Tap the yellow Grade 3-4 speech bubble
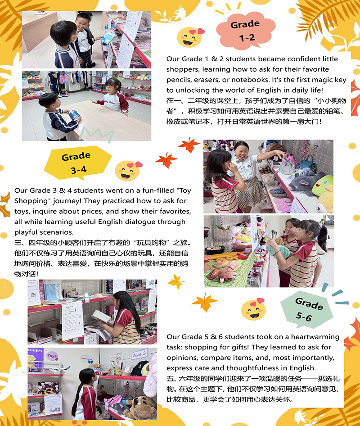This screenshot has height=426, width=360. pos(77,163)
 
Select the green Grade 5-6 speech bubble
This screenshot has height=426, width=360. pos(307,309)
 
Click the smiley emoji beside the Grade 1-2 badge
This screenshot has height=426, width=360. pos(190,37)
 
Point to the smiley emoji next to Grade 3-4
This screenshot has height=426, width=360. pos(128,171)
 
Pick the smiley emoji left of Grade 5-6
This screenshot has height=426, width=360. pos(253,309)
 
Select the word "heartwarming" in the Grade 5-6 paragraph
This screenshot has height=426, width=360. pos(315,337)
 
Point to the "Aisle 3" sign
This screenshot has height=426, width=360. pos(140,354)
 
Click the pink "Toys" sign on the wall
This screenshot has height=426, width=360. pos(52,356)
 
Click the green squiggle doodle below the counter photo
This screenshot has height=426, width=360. pos(96,133)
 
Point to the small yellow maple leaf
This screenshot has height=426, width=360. pos(176,281)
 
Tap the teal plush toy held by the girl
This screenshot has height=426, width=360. pos(278,251)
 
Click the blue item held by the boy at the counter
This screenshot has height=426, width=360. pos(73,114)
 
